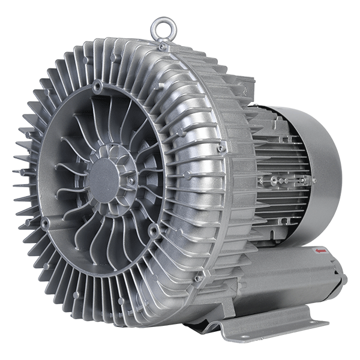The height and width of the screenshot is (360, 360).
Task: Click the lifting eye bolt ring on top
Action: click(160, 26)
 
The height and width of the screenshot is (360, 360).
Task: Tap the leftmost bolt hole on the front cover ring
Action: click(45, 223)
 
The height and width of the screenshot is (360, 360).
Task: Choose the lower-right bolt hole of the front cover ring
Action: click(155, 228)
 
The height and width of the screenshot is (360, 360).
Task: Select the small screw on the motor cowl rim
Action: click(313, 179)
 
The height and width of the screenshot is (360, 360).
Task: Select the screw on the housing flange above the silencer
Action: click(197, 278)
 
